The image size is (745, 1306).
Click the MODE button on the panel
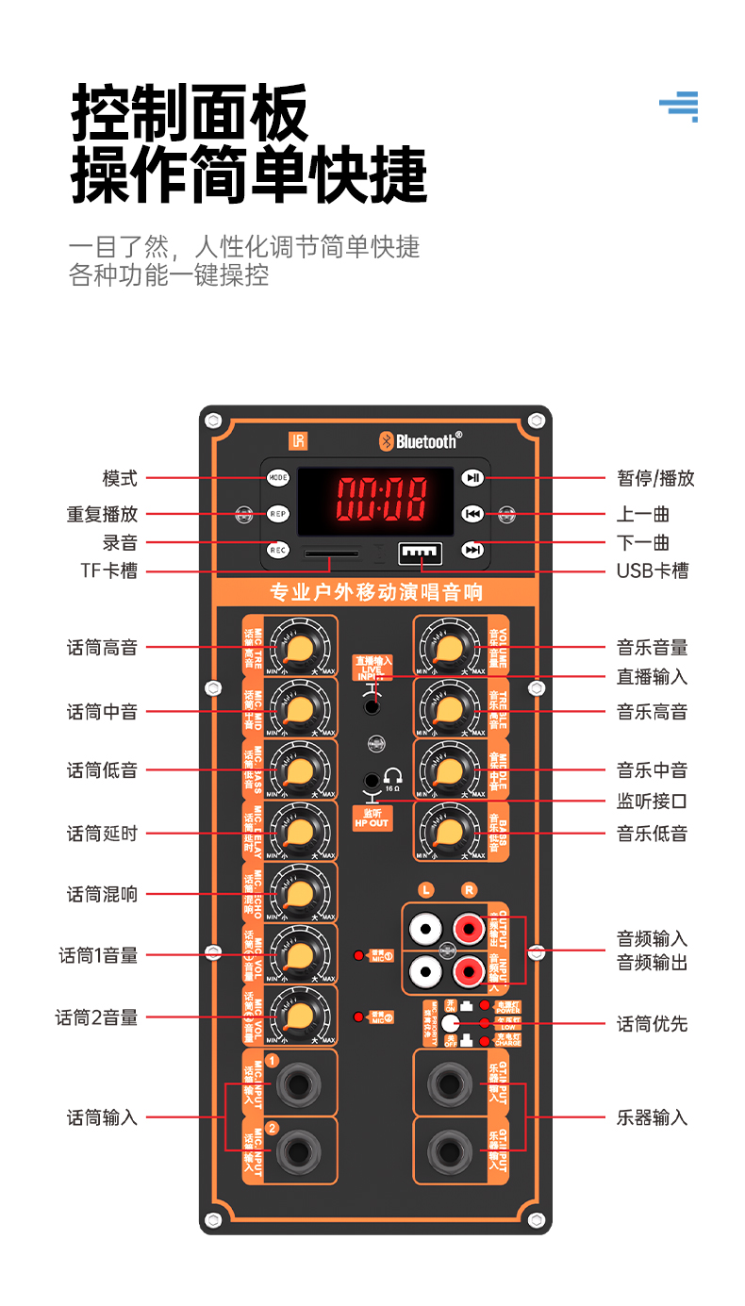click(x=277, y=478)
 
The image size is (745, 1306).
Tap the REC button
click(x=277, y=550)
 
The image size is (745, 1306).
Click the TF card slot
click(x=330, y=554)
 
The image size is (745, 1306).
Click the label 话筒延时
click(x=102, y=834)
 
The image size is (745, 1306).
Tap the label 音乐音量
click(x=652, y=648)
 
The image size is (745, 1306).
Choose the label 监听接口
click(x=652, y=802)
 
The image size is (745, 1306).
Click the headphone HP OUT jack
click(x=373, y=782)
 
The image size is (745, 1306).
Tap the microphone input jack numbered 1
click(x=298, y=1084)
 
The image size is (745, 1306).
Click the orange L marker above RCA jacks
click(x=427, y=889)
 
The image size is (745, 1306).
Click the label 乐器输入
click(x=652, y=1118)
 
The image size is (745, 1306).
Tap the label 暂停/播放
click(x=655, y=478)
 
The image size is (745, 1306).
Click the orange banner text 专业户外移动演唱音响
click(x=375, y=592)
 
